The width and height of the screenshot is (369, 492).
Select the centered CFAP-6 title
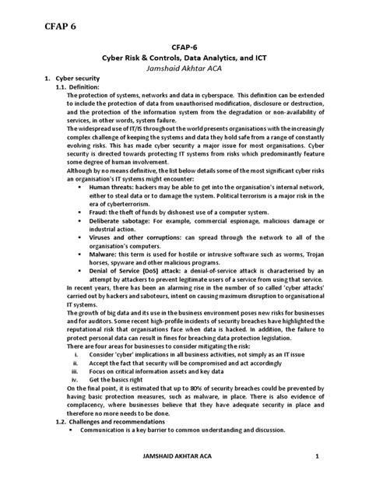184,46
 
